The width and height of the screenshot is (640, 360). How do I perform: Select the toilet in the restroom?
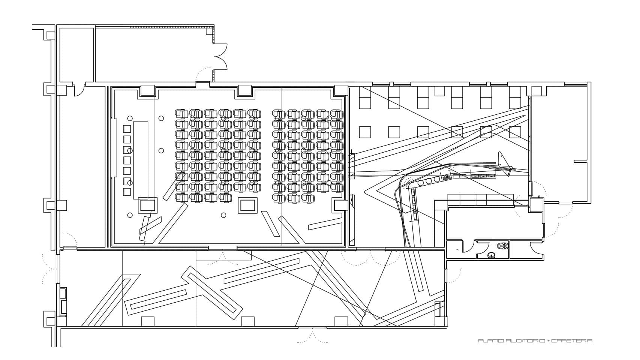(502, 246)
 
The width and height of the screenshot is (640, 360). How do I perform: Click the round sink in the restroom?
(491, 256)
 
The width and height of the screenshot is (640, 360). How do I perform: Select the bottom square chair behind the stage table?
(127, 192)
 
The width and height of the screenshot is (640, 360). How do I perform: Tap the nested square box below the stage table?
(147, 205)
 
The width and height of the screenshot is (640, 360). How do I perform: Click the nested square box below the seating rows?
(248, 205)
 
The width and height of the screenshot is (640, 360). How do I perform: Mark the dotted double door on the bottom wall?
(312, 336)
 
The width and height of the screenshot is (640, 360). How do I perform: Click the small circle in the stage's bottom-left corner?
(130, 215)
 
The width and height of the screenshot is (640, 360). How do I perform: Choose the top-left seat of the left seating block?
(181, 113)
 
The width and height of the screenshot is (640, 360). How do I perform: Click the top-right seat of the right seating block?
(337, 113)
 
